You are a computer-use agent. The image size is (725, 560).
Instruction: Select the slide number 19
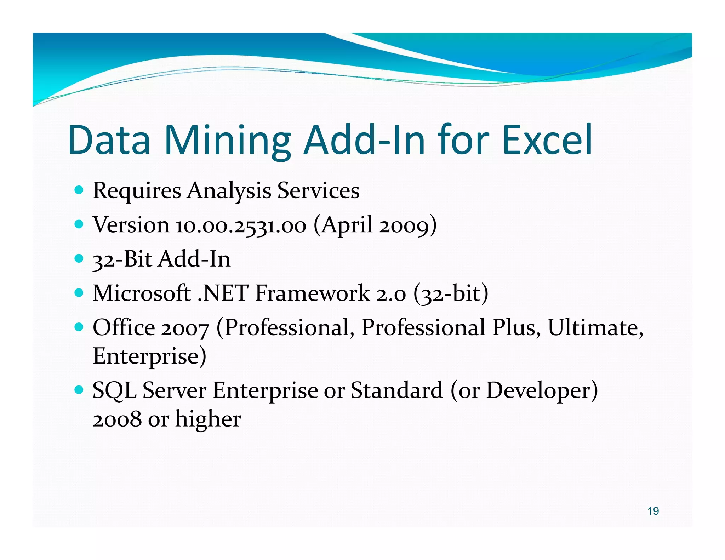pos(653,511)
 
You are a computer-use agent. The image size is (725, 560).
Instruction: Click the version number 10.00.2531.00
pos(241,225)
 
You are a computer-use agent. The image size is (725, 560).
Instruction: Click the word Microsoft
pos(142,293)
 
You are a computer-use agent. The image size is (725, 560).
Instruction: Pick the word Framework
pos(312,293)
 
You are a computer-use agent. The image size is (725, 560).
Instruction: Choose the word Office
pos(124,327)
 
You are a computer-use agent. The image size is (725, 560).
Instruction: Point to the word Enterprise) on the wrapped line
pos(149,356)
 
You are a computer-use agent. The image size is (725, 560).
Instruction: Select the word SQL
pos(114,391)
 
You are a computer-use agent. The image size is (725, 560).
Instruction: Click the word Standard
pos(397,390)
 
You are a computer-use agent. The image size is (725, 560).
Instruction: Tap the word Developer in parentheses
pos(537,391)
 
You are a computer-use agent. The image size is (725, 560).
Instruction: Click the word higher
pos(208,419)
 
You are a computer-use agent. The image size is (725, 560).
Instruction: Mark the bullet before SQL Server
pos(79,390)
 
